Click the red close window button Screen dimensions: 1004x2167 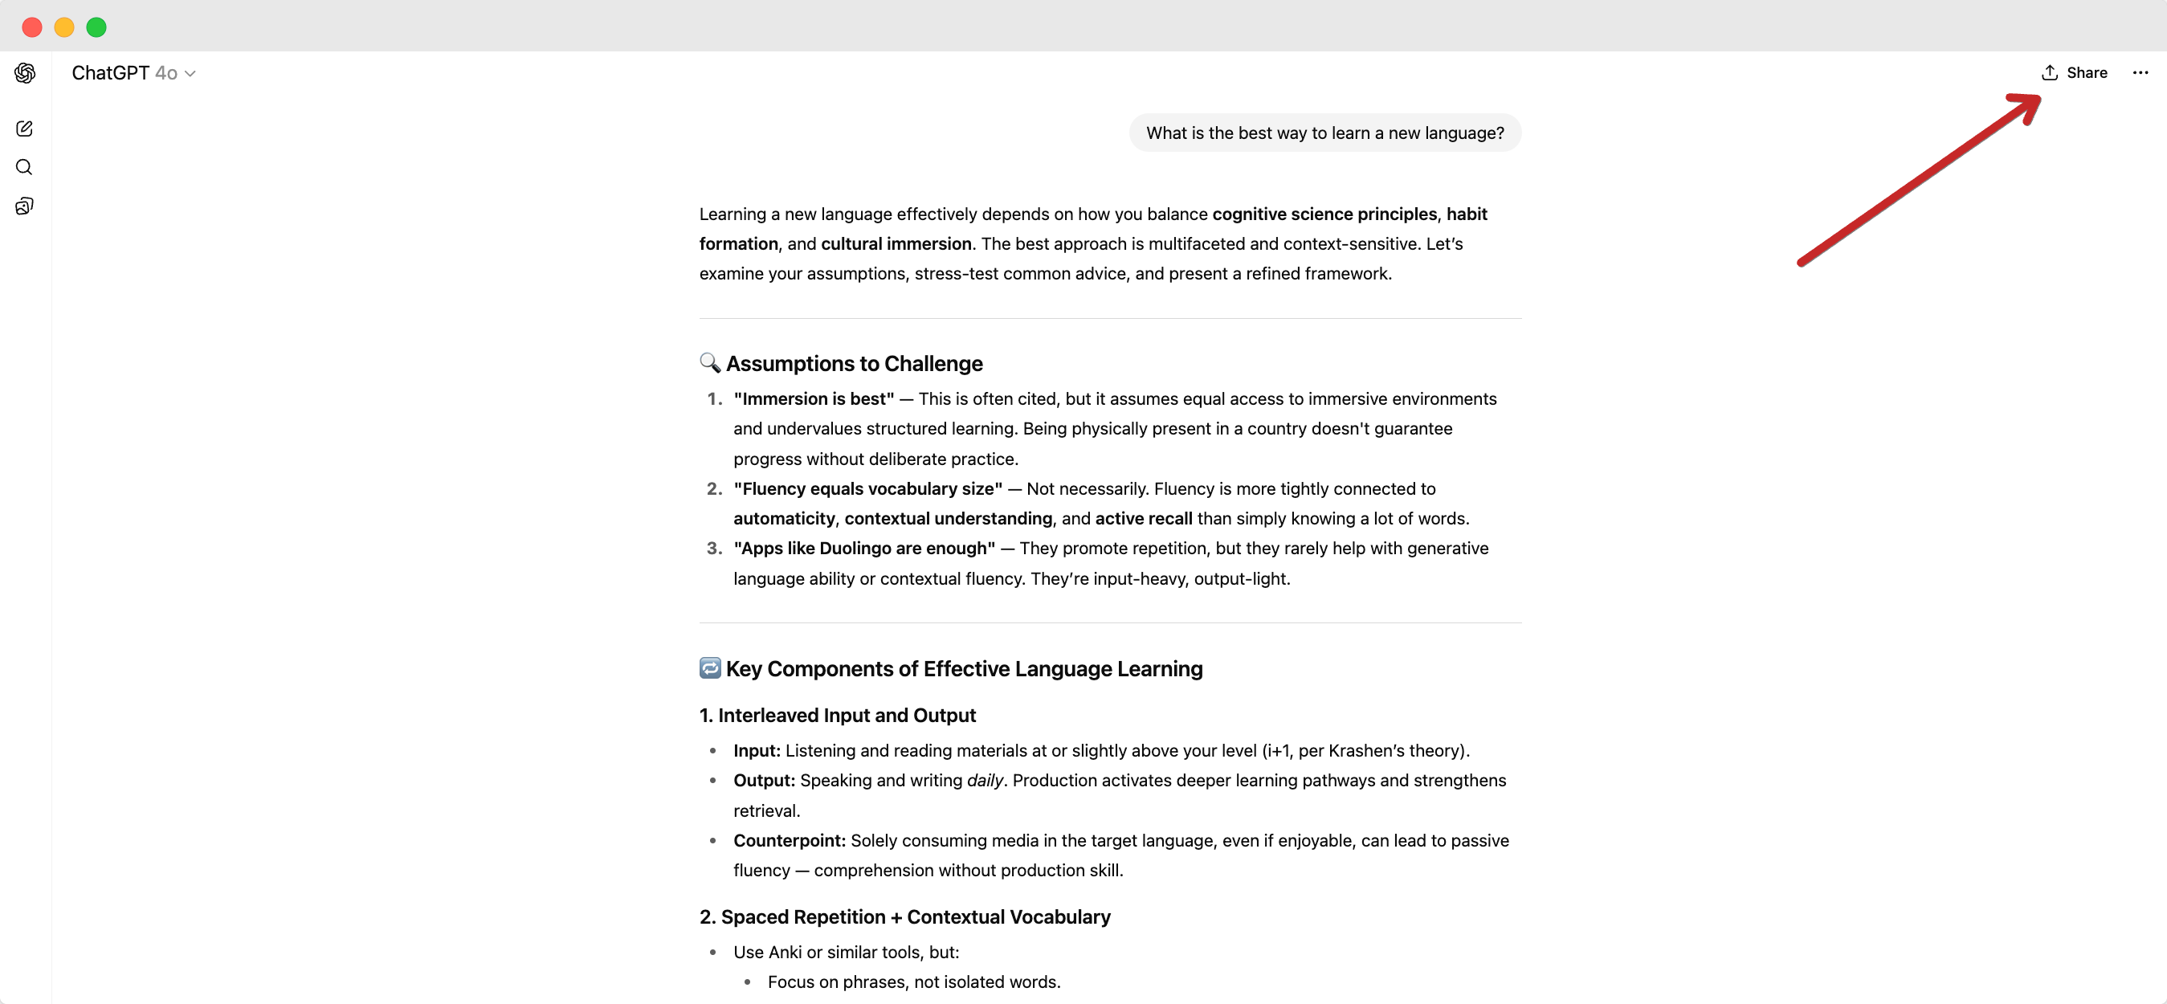[x=32, y=28]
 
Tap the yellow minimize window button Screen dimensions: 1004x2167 [x=64, y=28]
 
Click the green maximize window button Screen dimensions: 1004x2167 [x=96, y=28]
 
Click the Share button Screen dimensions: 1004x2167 [x=2074, y=73]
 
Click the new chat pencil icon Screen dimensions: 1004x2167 [x=24, y=129]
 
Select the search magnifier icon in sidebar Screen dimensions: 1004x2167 [x=24, y=168]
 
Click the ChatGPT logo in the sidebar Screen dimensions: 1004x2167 [x=25, y=73]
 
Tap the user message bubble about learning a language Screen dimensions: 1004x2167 [x=1324, y=133]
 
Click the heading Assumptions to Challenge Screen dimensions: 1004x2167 [x=854, y=364]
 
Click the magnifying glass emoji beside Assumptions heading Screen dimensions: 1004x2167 [x=709, y=363]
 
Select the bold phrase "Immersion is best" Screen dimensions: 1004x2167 [x=814, y=399]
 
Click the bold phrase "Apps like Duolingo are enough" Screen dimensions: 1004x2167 [x=864, y=549]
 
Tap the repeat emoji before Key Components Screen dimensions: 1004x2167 [x=709, y=668]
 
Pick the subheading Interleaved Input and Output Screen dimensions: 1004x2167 [x=837, y=716]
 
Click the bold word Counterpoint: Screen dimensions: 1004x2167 [x=789, y=841]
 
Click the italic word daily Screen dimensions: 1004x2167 [x=984, y=781]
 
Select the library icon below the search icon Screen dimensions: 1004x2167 [x=24, y=206]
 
